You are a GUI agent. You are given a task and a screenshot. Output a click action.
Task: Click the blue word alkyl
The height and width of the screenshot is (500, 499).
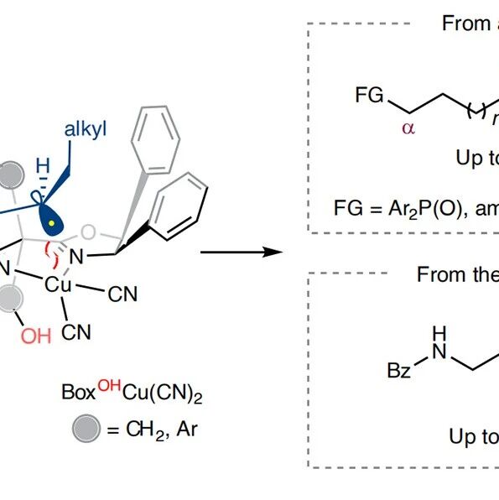click(86, 130)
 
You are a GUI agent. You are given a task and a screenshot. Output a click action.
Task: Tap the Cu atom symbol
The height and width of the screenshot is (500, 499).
click(58, 284)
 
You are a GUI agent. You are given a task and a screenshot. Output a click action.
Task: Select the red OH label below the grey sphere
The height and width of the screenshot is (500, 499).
click(36, 336)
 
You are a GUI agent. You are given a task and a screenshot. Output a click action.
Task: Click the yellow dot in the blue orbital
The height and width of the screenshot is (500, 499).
click(51, 223)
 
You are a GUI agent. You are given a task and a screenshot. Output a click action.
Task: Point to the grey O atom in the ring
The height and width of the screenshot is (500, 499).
click(88, 232)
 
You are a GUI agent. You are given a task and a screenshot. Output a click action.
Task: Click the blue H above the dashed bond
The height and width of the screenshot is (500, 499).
click(43, 165)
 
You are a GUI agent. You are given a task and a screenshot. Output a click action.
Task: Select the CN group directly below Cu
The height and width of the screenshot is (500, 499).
click(76, 332)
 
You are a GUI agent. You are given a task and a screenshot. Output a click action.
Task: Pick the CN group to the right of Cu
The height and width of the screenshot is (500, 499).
click(122, 294)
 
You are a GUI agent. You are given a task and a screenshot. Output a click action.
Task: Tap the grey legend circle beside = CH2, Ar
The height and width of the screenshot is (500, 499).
click(86, 429)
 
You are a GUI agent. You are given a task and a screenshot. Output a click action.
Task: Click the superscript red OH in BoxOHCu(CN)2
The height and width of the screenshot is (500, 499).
click(109, 386)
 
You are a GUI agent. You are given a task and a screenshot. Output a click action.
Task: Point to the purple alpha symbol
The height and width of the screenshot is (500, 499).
click(408, 128)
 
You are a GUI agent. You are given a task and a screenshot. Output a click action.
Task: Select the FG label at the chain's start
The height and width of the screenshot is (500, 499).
click(369, 95)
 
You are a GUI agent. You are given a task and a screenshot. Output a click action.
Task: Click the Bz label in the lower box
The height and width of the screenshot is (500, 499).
click(398, 371)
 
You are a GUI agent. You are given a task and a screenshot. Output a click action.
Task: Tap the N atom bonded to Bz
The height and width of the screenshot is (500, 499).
click(439, 352)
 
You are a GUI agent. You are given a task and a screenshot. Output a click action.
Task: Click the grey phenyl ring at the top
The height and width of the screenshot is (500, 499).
click(156, 140)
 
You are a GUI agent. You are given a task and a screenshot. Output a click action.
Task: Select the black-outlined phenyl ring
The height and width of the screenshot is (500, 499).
click(179, 206)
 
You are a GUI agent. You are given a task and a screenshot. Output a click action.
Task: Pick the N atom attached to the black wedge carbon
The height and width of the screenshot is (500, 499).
click(76, 257)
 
